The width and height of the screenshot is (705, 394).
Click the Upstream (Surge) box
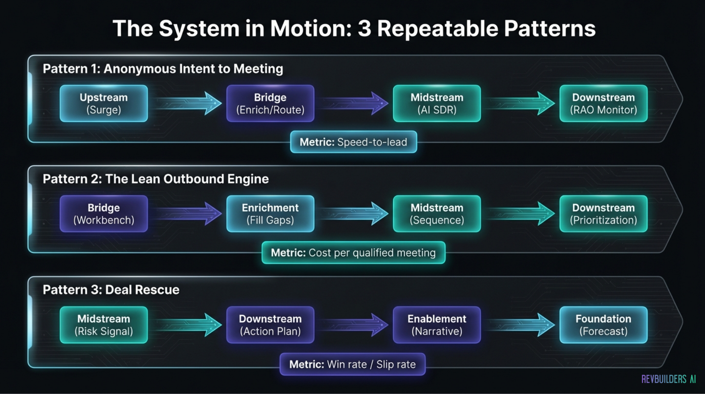coord(104,104)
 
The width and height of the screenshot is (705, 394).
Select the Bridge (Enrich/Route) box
coord(270,104)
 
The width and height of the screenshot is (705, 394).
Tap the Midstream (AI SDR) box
coord(437,104)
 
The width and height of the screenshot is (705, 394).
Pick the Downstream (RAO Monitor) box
coord(603,104)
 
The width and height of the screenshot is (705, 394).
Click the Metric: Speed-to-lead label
coord(353,142)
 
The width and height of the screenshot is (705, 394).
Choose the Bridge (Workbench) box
coord(104,214)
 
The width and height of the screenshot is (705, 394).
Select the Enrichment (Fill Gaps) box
coord(270,214)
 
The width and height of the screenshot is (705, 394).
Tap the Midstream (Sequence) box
coord(437,214)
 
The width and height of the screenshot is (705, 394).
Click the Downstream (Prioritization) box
coord(603,214)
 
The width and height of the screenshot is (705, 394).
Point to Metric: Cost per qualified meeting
coord(353,253)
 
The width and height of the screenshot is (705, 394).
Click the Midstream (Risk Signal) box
coord(104,325)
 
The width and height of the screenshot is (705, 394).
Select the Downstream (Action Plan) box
coord(270,325)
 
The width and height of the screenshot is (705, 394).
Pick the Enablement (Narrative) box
coord(437,325)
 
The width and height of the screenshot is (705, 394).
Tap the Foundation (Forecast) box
coord(603,325)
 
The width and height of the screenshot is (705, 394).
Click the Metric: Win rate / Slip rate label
coord(352,364)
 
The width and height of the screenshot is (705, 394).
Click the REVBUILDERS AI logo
coord(668,379)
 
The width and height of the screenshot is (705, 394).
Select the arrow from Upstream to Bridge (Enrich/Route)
coord(188,103)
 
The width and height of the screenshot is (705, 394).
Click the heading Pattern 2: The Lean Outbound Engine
coord(156,179)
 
